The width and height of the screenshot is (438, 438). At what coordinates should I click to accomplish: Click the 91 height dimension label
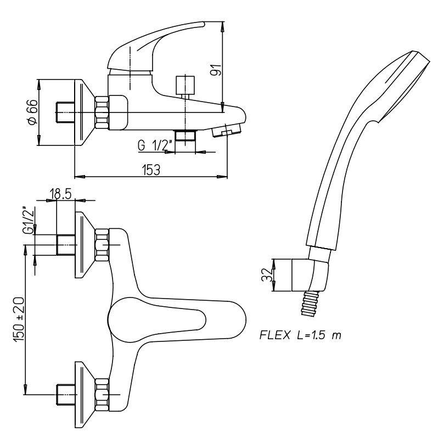[x=216, y=70]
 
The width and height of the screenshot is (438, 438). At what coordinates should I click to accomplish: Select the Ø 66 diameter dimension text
[x=33, y=113]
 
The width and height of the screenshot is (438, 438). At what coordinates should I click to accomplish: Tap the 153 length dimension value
[x=151, y=170]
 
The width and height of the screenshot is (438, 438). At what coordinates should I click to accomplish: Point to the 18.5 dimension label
[x=60, y=193]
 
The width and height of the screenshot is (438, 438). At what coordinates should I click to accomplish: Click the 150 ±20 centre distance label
[x=19, y=319]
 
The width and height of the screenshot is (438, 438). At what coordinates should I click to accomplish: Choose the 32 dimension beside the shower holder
[x=266, y=275]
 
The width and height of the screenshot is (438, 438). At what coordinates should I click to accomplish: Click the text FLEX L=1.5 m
[x=300, y=335]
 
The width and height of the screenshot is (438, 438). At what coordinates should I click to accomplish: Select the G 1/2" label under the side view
[x=154, y=145]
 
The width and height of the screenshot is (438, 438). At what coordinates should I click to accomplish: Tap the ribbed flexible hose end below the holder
[x=310, y=304]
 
